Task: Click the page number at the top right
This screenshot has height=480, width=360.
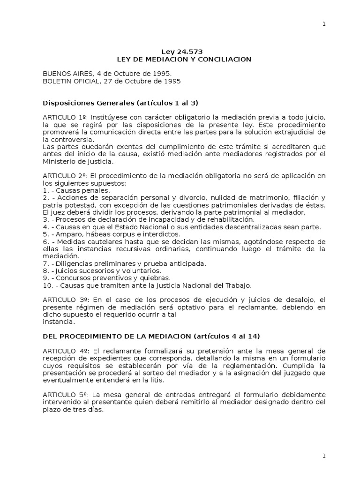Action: tap(323, 24)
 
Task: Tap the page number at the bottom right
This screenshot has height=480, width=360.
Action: tap(323, 456)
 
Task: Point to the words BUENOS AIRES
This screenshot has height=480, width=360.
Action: tap(63, 74)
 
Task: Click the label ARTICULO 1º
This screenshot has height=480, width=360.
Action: tap(65, 117)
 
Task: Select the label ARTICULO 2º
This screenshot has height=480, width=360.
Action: tap(65, 175)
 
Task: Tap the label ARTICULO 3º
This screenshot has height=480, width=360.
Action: tap(65, 300)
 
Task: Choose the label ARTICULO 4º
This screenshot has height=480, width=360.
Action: tap(65, 351)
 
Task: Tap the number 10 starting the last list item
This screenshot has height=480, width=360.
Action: tap(46, 285)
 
